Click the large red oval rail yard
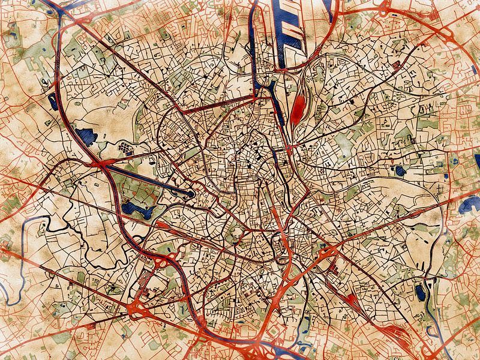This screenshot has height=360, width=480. coord(297,107)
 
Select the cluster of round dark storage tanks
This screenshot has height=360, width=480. coord(124,146)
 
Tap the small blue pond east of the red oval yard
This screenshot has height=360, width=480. coord(400,171)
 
